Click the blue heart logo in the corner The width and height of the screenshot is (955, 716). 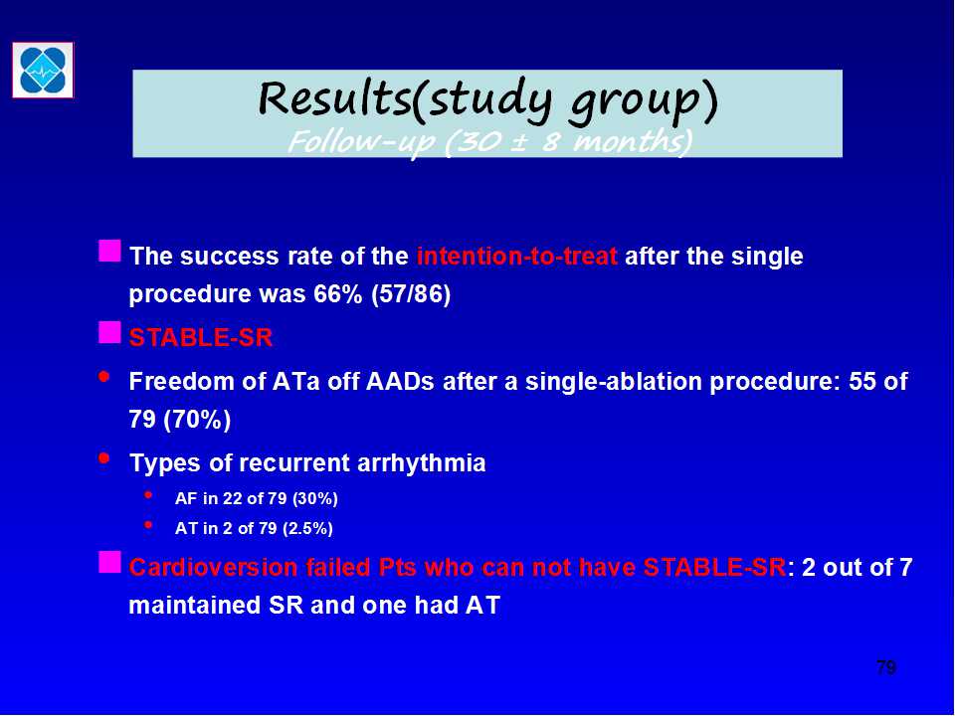point(43,70)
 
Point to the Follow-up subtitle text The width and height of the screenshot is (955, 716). point(489,142)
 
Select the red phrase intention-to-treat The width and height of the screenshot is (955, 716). point(516,256)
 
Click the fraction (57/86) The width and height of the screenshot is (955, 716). point(411,294)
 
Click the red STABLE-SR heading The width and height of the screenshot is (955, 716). point(200,337)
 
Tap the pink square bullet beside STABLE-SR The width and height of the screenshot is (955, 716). point(109,333)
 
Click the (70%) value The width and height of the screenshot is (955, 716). point(197,420)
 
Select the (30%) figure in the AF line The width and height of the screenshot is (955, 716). point(315,498)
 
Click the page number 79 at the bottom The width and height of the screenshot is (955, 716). point(886,667)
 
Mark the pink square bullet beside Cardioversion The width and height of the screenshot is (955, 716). point(109,563)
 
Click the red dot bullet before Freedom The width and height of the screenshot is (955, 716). point(104,377)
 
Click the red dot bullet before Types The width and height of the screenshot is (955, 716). point(104,457)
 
